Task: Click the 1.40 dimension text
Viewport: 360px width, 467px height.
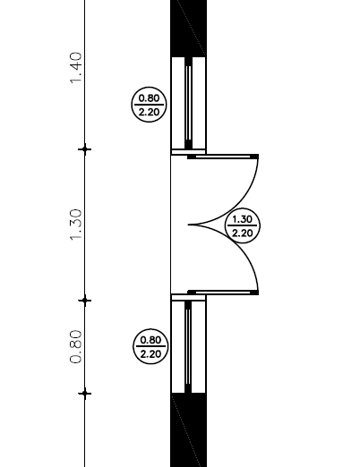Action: [75, 68]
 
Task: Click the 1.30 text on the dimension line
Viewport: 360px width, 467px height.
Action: [75, 225]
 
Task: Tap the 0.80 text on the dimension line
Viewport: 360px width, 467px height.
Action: [75, 346]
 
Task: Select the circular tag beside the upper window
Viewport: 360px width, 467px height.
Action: [149, 105]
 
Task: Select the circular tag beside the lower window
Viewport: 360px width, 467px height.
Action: [150, 346]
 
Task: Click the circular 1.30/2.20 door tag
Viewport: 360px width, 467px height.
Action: [243, 225]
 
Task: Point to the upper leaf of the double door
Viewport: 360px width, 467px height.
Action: [223, 157]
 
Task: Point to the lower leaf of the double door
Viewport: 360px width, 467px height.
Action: [223, 293]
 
